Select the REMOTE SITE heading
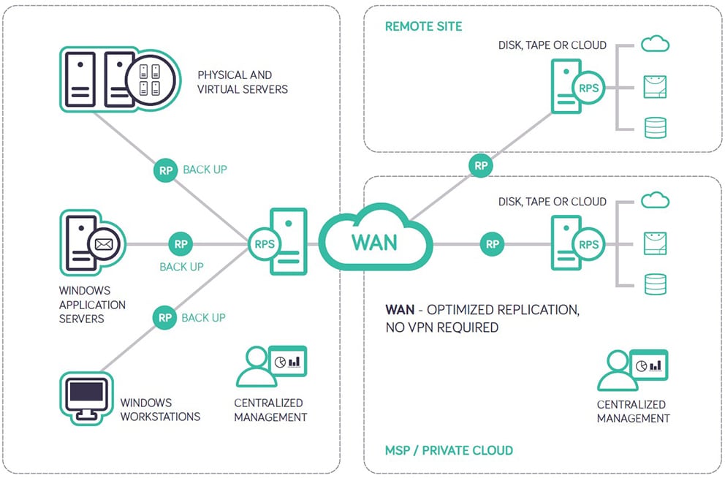(x=423, y=26)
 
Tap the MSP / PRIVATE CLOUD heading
(x=449, y=450)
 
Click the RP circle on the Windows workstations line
(x=165, y=317)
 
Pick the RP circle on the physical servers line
(x=166, y=170)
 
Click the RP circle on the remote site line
(x=481, y=165)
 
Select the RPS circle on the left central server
(x=265, y=243)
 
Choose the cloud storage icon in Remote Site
(x=655, y=45)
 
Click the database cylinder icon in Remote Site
(x=655, y=127)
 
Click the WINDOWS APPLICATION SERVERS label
(x=92, y=304)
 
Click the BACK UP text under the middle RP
(x=181, y=267)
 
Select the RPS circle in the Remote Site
(x=588, y=88)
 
